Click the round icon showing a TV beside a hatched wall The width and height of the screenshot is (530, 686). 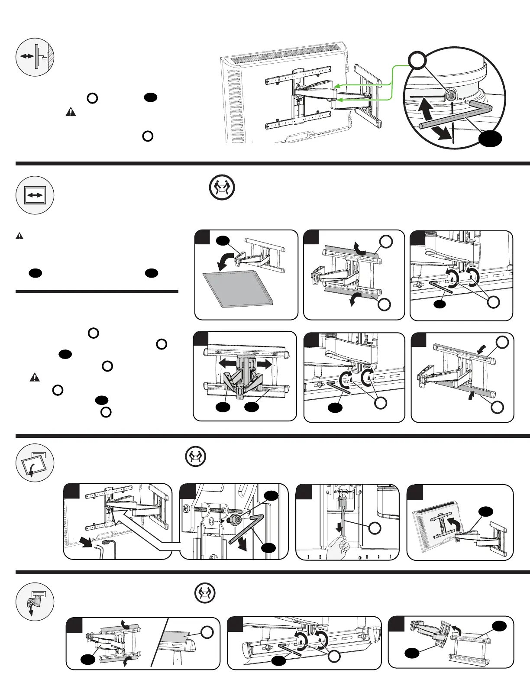[x=35, y=57]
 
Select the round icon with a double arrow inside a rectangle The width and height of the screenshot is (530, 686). [x=35, y=195]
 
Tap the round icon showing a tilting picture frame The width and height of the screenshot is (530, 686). [x=35, y=463]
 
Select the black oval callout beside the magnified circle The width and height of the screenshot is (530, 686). [x=491, y=139]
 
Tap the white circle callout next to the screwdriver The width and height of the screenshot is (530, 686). [x=375, y=528]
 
